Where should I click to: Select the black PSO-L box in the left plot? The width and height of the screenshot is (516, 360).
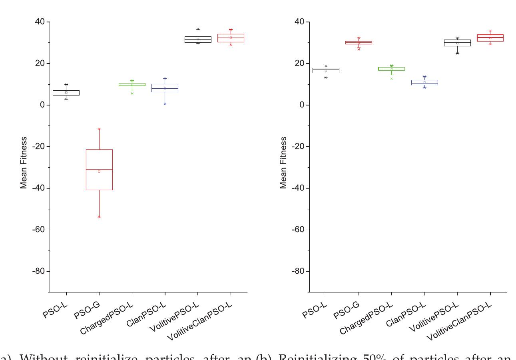[x=66, y=93]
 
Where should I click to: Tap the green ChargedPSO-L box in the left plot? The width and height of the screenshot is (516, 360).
[x=132, y=85]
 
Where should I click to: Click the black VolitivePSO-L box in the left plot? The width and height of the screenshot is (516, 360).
[x=198, y=39]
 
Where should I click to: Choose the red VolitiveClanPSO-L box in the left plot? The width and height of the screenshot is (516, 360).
[x=231, y=38]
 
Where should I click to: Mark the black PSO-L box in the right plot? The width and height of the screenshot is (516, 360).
[x=326, y=70]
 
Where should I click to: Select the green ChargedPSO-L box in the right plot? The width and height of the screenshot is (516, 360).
[x=392, y=69]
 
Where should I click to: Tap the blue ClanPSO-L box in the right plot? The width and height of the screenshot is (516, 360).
[x=424, y=82]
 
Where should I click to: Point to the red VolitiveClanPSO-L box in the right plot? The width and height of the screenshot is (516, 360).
[x=490, y=38]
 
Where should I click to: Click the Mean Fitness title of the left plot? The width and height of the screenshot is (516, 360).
[x=24, y=163]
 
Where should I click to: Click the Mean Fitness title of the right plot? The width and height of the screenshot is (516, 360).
[x=283, y=163]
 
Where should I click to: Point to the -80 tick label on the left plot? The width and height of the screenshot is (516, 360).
[x=38, y=271]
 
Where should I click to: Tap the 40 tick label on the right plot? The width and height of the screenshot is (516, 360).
[x=300, y=22]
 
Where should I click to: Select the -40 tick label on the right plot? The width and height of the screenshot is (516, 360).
[x=299, y=188]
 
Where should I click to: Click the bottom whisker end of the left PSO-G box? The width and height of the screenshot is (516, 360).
[x=99, y=217]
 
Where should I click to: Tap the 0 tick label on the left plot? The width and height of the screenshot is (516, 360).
[x=42, y=105]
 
